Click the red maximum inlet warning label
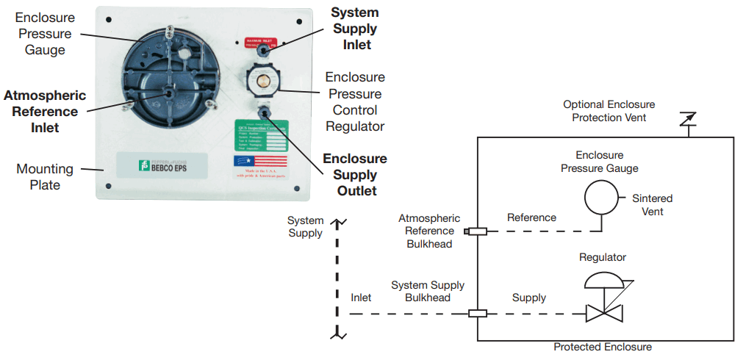260,43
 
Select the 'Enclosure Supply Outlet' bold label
355,175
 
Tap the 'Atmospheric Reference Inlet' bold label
45,112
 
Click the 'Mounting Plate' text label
45,177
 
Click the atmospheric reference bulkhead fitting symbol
477,232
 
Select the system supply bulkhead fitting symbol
478,314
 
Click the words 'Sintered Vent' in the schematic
652,205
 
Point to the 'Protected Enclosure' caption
602,347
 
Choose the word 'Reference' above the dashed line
531,217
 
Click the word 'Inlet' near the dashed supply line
361,298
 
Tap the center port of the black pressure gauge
170,93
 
